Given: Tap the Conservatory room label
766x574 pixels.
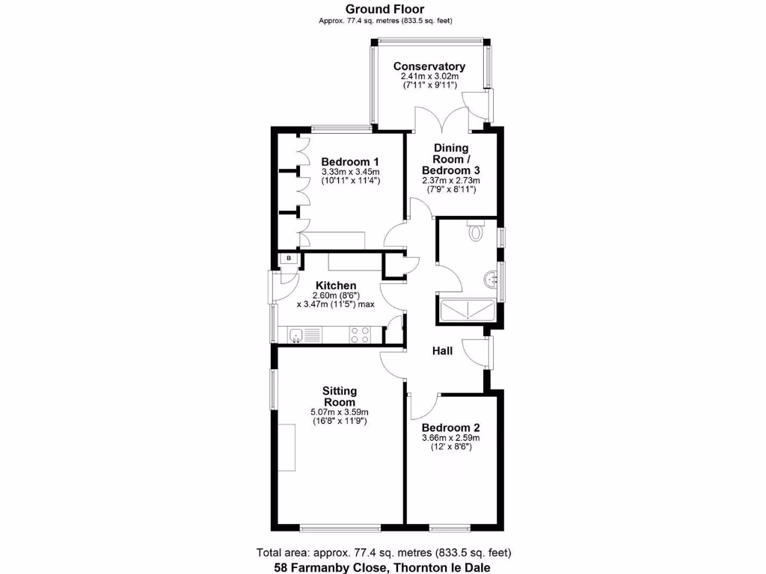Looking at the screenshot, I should [429, 67].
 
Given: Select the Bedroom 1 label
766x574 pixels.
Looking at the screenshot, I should [350, 161].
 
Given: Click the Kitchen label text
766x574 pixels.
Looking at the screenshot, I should [336, 286].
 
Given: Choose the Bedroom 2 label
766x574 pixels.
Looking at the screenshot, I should [450, 428].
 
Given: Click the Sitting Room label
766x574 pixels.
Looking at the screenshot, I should [340, 396].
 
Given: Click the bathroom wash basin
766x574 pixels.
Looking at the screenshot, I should [489, 278].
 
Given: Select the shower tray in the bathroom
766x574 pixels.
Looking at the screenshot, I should [465, 309].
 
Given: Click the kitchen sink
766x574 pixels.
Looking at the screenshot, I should [297, 334].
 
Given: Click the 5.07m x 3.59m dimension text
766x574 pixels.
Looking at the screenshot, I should [340, 412].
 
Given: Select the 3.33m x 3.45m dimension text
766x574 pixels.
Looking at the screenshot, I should [350, 172].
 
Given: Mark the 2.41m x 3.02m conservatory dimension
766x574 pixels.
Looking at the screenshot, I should [429, 76].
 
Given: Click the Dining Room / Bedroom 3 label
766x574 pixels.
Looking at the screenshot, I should [451, 159].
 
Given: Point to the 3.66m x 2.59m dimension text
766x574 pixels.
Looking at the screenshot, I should [450, 438].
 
